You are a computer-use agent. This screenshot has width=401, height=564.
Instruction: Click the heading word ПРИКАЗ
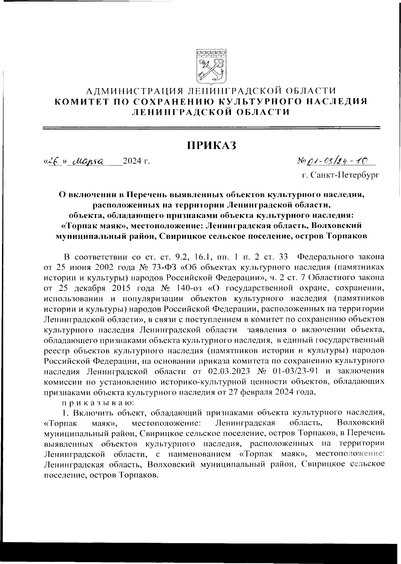[x=211, y=146]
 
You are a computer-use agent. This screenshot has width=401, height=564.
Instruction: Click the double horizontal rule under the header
[x=211, y=127]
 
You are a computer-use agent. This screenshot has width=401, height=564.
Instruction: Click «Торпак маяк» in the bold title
[x=94, y=226]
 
